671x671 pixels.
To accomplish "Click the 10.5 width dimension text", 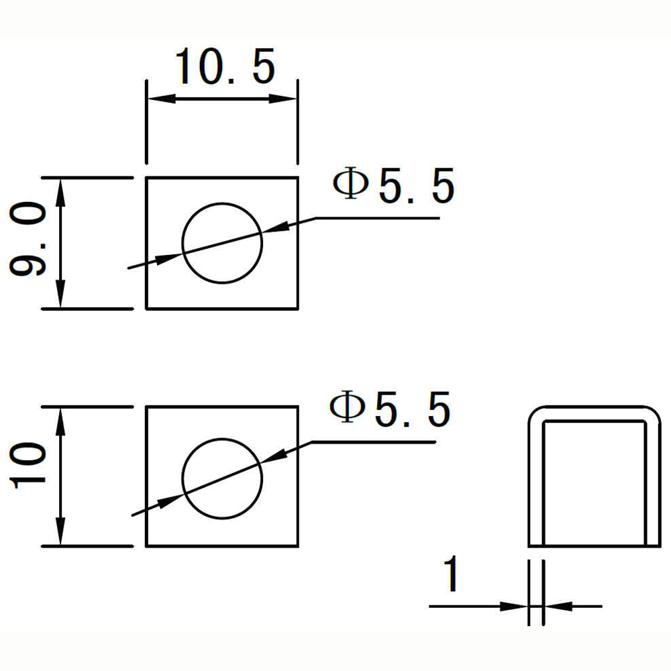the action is (225, 66).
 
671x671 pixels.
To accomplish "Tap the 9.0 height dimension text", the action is (28, 239).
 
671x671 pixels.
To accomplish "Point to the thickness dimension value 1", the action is (451, 574).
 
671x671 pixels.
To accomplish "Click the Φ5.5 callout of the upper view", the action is (393, 185).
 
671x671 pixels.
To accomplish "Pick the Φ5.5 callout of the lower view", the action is (390, 409).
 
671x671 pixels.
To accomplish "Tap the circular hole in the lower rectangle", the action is (222, 439).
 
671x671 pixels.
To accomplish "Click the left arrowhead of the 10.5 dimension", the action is (162, 99).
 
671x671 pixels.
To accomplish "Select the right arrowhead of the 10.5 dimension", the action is (282, 99).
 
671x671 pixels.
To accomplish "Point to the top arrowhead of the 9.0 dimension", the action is (60, 193).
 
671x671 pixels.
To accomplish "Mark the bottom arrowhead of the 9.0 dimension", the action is (60, 293).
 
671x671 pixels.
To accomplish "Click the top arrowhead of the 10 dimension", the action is (60, 421).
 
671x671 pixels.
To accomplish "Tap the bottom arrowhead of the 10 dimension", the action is (60, 531).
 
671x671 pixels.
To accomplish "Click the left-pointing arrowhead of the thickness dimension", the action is (558, 607).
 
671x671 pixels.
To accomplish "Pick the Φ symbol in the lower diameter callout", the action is (348, 407).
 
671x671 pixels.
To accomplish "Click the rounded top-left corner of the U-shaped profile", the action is (533, 411).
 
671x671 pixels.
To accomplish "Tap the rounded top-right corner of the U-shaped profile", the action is (656, 411).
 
